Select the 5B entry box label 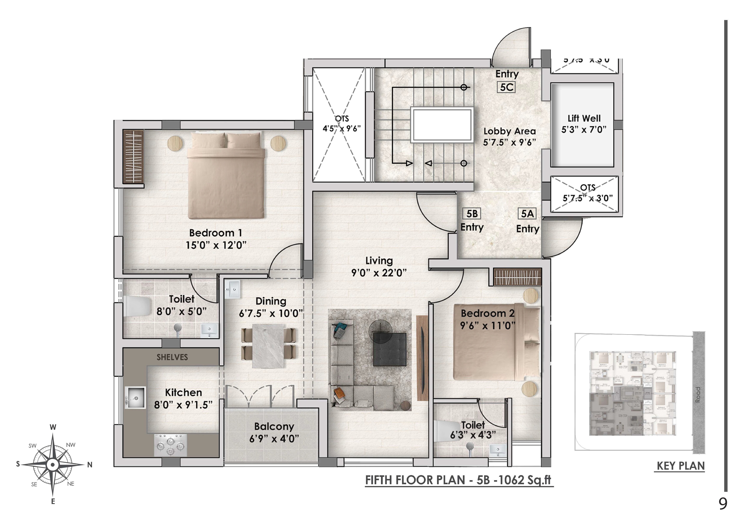click(472, 214)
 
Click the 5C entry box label click(506, 87)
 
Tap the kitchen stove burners click(170, 445)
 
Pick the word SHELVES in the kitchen click(172, 357)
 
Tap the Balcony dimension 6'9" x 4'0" click(274, 439)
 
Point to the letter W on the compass click(53, 427)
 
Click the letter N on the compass click(90, 465)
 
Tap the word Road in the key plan click(698, 394)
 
